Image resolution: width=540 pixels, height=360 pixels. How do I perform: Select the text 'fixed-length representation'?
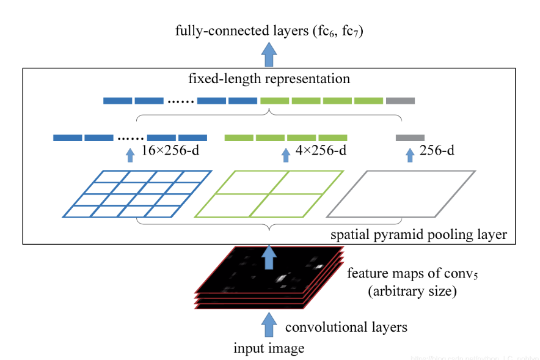[270, 79]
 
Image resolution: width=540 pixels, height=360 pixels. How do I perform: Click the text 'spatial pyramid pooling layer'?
[418, 234]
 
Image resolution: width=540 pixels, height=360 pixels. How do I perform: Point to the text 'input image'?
[269, 348]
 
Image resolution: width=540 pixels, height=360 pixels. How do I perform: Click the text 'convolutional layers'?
[346, 327]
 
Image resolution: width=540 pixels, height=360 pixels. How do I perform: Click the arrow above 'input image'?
[269, 324]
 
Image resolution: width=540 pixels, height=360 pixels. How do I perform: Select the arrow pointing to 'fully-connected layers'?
[269, 56]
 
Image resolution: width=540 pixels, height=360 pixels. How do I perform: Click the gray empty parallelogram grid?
[401, 194]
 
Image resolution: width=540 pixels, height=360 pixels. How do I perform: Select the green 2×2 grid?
[269, 194]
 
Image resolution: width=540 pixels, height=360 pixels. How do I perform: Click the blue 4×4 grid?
[137, 194]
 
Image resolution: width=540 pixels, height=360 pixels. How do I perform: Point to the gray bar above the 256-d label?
[410, 138]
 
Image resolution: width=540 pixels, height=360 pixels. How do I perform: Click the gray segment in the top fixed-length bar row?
[400, 100]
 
